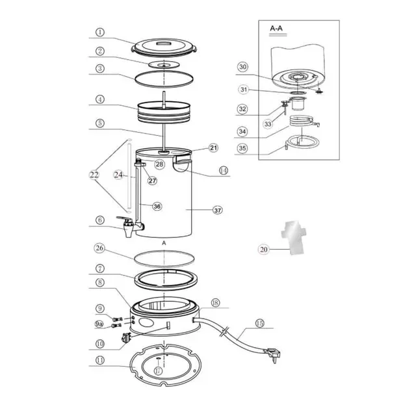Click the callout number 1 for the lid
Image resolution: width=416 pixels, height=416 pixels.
[99, 32]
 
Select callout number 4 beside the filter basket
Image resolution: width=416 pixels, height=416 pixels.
[99, 100]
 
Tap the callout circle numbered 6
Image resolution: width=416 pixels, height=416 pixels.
[99, 220]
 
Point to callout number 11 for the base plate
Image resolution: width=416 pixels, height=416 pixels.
[99, 359]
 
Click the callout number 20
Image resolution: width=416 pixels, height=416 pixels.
[263, 248]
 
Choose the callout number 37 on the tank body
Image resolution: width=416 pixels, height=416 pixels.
[218, 210]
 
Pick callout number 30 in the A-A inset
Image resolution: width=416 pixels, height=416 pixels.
[242, 67]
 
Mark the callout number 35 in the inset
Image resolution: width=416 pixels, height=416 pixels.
[242, 149]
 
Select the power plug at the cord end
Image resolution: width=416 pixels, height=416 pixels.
[272, 354]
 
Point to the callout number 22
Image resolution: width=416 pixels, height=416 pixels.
[95, 174]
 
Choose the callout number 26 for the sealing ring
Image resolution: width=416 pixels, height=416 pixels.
[99, 248]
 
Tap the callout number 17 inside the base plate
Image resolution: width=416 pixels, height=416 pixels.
[158, 370]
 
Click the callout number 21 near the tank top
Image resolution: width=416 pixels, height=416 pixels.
[214, 148]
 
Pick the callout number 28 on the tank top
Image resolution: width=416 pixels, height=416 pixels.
[159, 164]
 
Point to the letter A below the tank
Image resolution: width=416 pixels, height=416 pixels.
[165, 242]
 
